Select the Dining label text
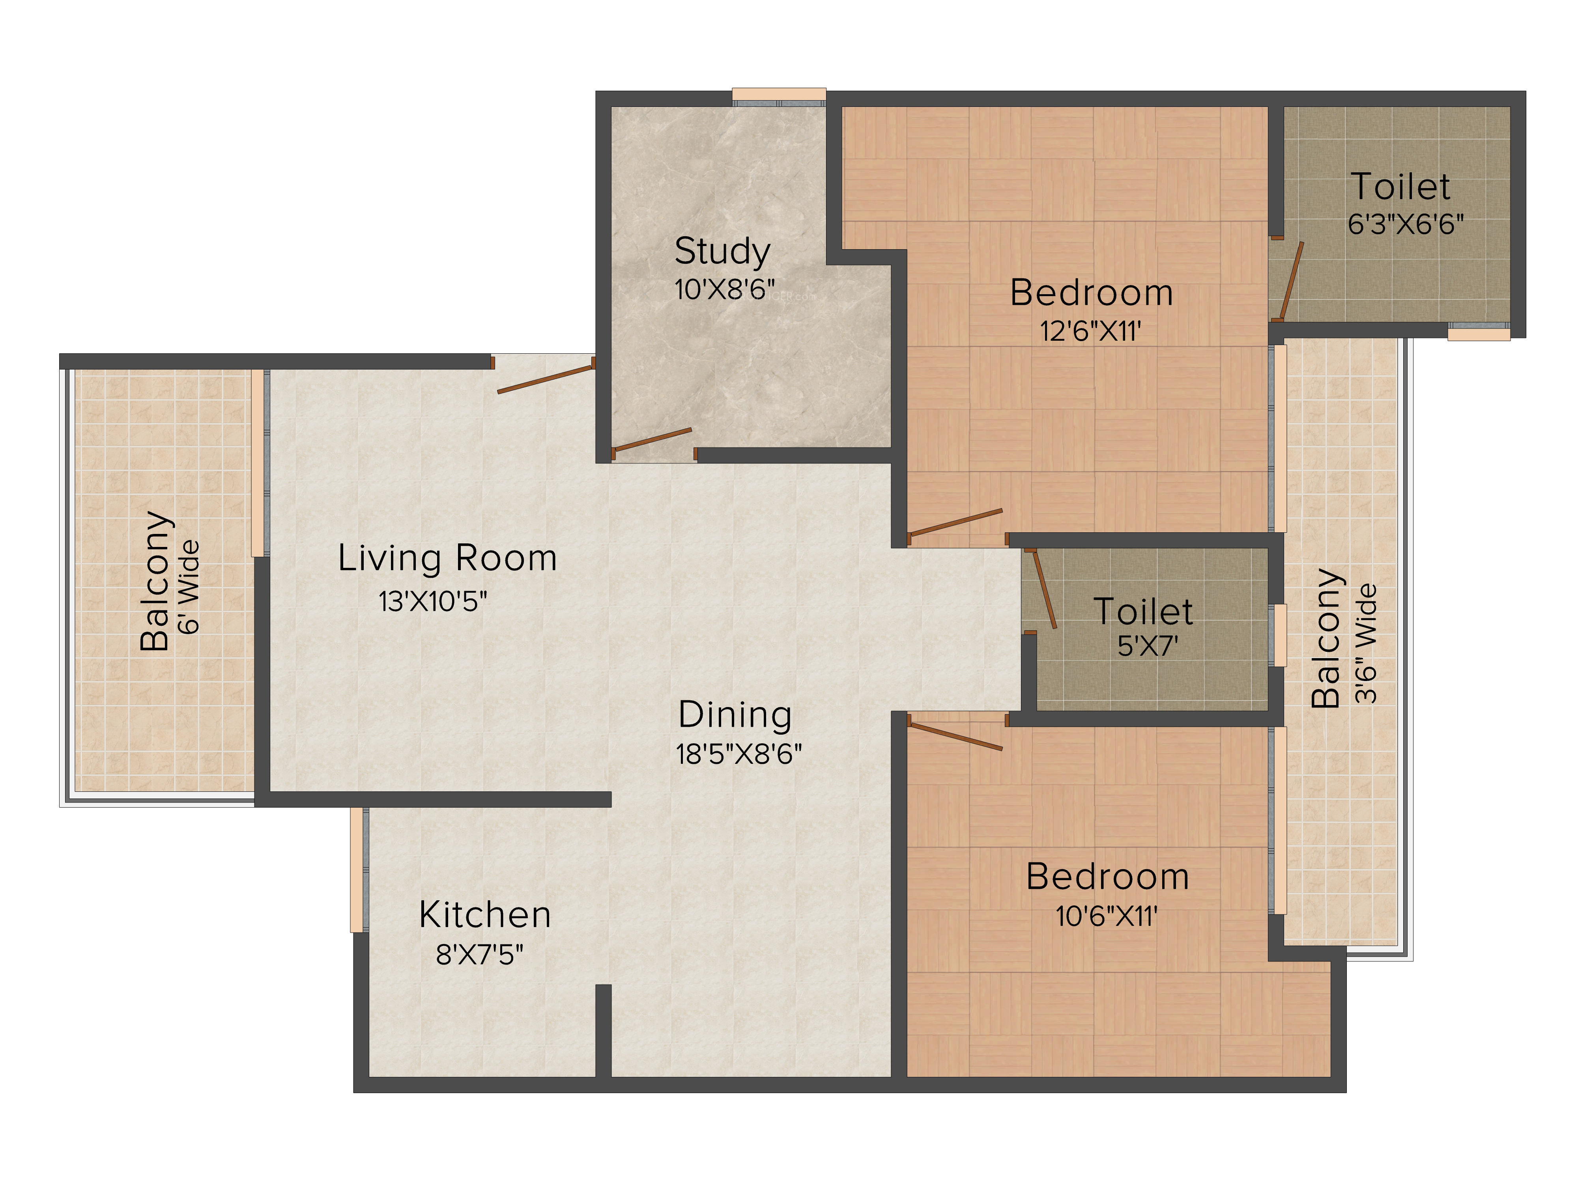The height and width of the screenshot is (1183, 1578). [735, 715]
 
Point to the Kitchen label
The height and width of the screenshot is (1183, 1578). [485, 915]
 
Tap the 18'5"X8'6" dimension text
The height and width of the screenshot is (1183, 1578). [739, 754]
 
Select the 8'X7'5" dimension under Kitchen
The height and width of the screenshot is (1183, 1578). [479, 954]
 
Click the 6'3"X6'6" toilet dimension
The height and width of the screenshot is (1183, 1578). [1405, 224]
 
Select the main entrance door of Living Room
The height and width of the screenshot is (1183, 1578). [546, 379]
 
